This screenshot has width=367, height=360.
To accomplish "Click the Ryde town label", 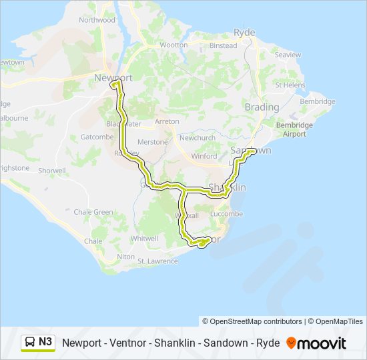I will tap(244, 32).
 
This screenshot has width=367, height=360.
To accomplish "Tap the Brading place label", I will tap(262, 107).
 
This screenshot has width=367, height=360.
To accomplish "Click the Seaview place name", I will tap(288, 55).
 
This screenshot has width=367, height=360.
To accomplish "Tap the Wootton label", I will tap(173, 45).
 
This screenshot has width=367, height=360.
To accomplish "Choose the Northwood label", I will tap(97, 20).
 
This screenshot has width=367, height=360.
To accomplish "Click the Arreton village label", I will tap(167, 121).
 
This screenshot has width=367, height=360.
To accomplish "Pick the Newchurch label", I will tap(197, 137).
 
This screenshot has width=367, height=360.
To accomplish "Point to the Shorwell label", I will tap(53, 171).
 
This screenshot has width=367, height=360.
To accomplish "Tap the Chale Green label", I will tap(93, 212).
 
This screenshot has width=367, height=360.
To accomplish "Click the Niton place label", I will tap(125, 256).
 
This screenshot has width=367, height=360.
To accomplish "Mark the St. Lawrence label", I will tap(158, 261).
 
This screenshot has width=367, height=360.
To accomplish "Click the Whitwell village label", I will tap(145, 238).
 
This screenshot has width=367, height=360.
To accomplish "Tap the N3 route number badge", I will tap(45, 342).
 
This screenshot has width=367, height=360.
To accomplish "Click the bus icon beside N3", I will tap(30, 343).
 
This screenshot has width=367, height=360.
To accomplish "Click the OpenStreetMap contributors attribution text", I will tap(252, 321).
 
